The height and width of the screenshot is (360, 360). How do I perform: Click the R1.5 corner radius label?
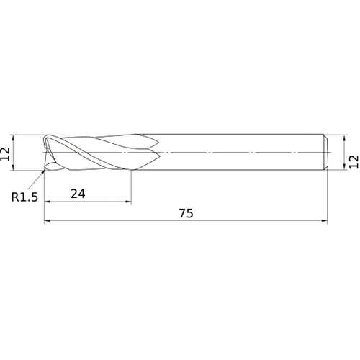[x=24, y=197]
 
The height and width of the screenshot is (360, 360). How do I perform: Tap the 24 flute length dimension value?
[x=78, y=194]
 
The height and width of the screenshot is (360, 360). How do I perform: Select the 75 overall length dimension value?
[x=186, y=213]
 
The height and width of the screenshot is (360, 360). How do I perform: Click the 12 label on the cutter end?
[x=5, y=154]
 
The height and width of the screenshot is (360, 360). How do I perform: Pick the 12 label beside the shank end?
[x=354, y=162]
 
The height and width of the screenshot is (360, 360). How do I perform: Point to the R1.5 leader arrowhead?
[x=43, y=171]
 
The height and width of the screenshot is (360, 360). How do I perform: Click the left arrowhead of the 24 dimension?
[x=48, y=202]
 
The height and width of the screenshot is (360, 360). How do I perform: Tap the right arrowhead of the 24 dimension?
[x=128, y=202]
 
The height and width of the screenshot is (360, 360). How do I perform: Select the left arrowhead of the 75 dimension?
[x=48, y=220]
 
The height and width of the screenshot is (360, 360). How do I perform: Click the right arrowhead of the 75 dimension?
[x=324, y=220]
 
